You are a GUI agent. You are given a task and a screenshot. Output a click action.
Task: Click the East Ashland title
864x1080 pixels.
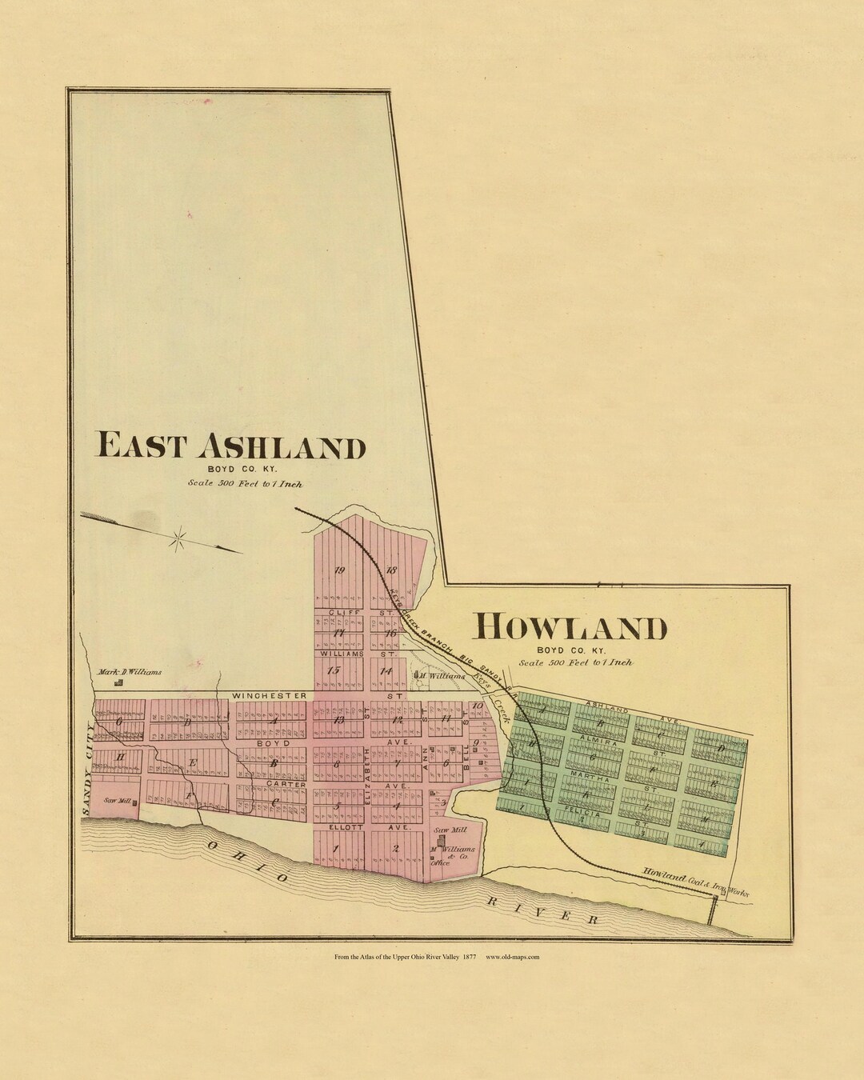point(230,446)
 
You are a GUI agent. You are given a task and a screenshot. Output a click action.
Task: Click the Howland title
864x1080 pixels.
point(570,628)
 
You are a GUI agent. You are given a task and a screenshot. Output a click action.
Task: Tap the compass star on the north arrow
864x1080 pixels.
point(179,538)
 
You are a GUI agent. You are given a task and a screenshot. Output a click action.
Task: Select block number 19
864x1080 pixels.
point(339,570)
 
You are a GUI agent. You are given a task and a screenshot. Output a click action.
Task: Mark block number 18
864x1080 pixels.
point(391,570)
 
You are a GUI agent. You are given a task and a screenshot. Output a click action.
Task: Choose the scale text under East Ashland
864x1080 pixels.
point(246,483)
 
